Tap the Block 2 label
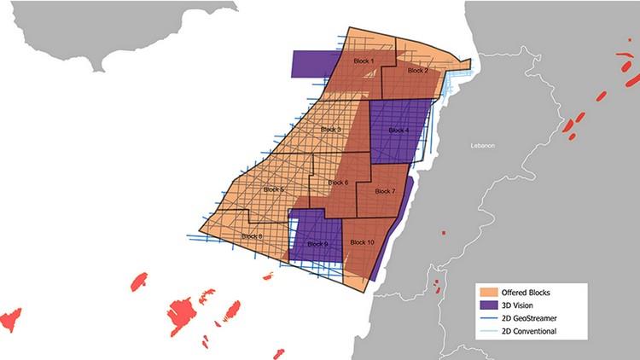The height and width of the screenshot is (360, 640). tap(417, 70)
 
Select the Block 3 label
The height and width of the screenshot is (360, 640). tap(331, 129)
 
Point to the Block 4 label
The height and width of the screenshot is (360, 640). tap(399, 130)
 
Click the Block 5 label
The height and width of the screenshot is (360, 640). tap(275, 189)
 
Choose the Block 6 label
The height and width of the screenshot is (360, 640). tap(338, 183)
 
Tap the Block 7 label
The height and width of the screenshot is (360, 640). tap(385, 191)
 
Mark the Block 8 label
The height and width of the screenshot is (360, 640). tap(252, 235)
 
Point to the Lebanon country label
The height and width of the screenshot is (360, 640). tap(482, 146)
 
